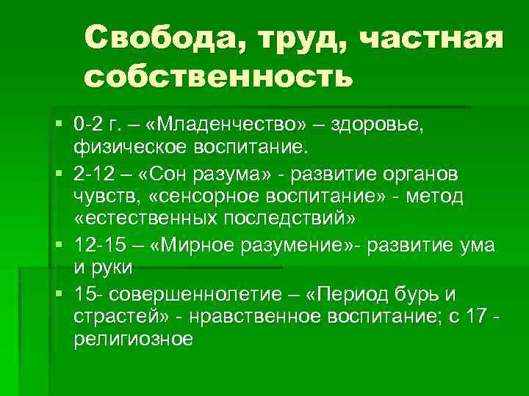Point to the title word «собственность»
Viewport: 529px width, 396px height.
(213, 76)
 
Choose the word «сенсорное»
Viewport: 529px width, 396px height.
(193, 196)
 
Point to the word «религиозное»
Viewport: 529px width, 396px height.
(133, 340)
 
